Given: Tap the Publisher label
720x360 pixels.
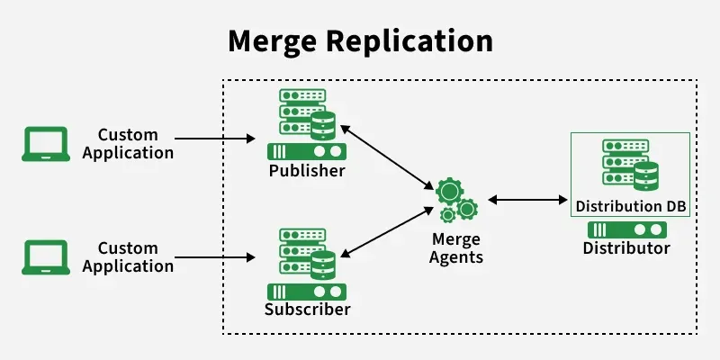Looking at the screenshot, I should (307, 171).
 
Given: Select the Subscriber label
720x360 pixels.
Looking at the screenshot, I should (307, 310).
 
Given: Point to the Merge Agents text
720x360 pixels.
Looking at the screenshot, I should (457, 248).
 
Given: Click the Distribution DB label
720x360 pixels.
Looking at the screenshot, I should (631, 207).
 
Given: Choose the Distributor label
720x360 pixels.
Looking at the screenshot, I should (626, 248).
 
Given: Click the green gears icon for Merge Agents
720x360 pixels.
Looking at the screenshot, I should (456, 200).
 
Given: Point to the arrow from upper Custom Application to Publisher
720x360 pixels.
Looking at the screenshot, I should (216, 139).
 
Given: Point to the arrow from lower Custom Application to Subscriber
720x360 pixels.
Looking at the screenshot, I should (216, 257).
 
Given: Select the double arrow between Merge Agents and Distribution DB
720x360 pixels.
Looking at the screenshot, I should (526, 199).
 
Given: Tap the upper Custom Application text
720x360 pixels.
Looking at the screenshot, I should (128, 144).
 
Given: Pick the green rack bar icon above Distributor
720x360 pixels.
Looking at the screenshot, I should (626, 229).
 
